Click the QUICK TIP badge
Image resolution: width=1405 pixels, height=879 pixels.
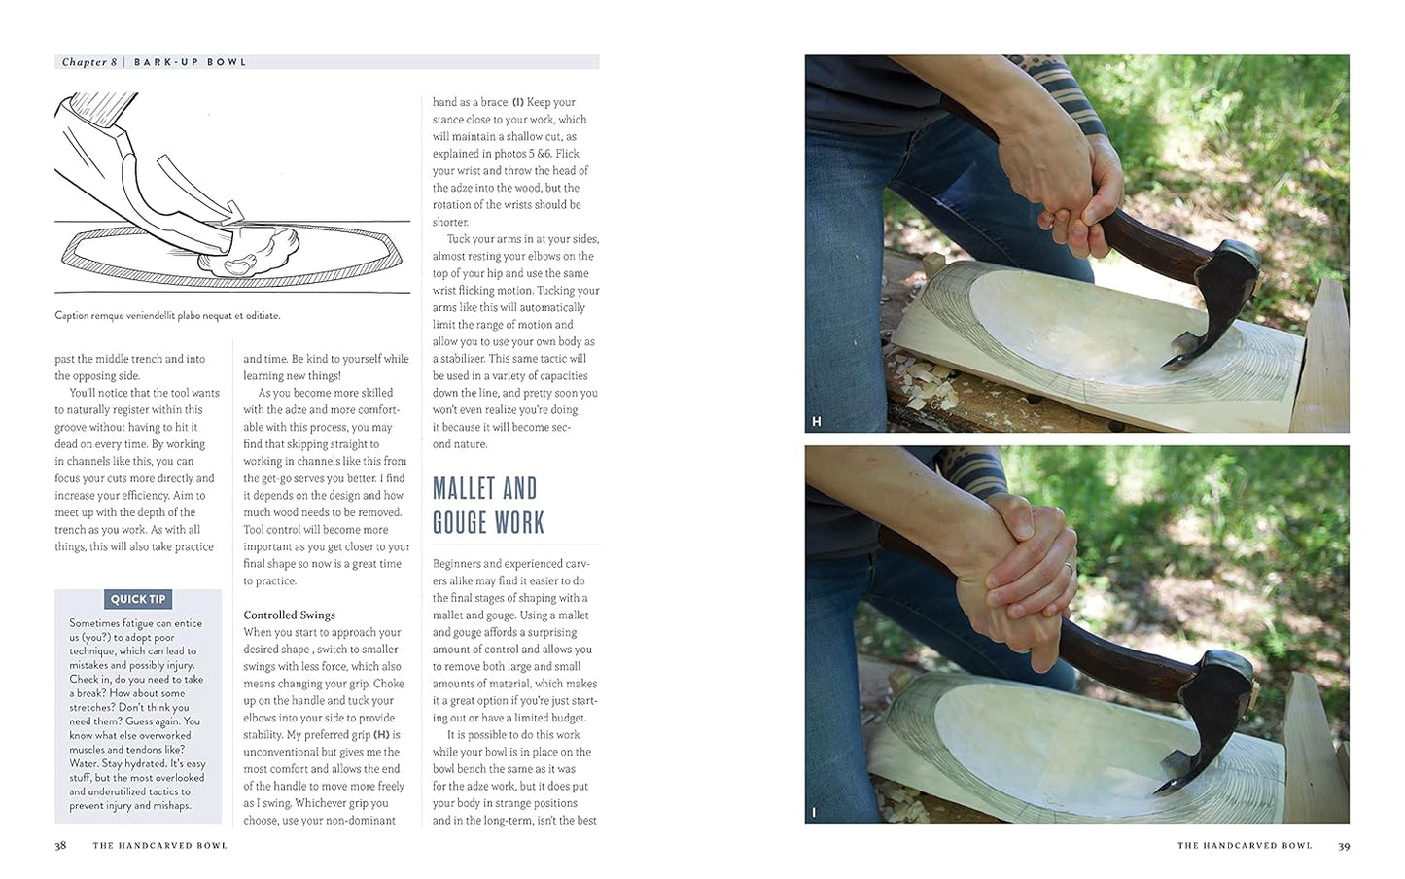click(138, 599)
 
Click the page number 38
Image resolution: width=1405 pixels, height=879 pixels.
click(60, 846)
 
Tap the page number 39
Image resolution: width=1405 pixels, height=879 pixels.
click(1344, 846)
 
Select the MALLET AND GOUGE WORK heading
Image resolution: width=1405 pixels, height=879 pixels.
click(488, 506)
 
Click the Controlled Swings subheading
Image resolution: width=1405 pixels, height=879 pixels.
click(289, 615)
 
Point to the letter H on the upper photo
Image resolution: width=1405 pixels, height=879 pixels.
click(816, 422)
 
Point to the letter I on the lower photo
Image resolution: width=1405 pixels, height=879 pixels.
click(814, 813)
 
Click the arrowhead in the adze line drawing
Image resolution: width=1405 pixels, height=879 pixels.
click(234, 211)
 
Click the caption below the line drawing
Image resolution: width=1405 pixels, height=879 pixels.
click(167, 316)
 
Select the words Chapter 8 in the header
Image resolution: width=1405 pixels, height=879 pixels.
click(89, 62)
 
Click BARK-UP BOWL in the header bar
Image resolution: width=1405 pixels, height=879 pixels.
click(191, 62)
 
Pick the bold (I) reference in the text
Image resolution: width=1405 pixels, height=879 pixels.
click(518, 102)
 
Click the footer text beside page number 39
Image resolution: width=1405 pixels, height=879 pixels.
click(1245, 846)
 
